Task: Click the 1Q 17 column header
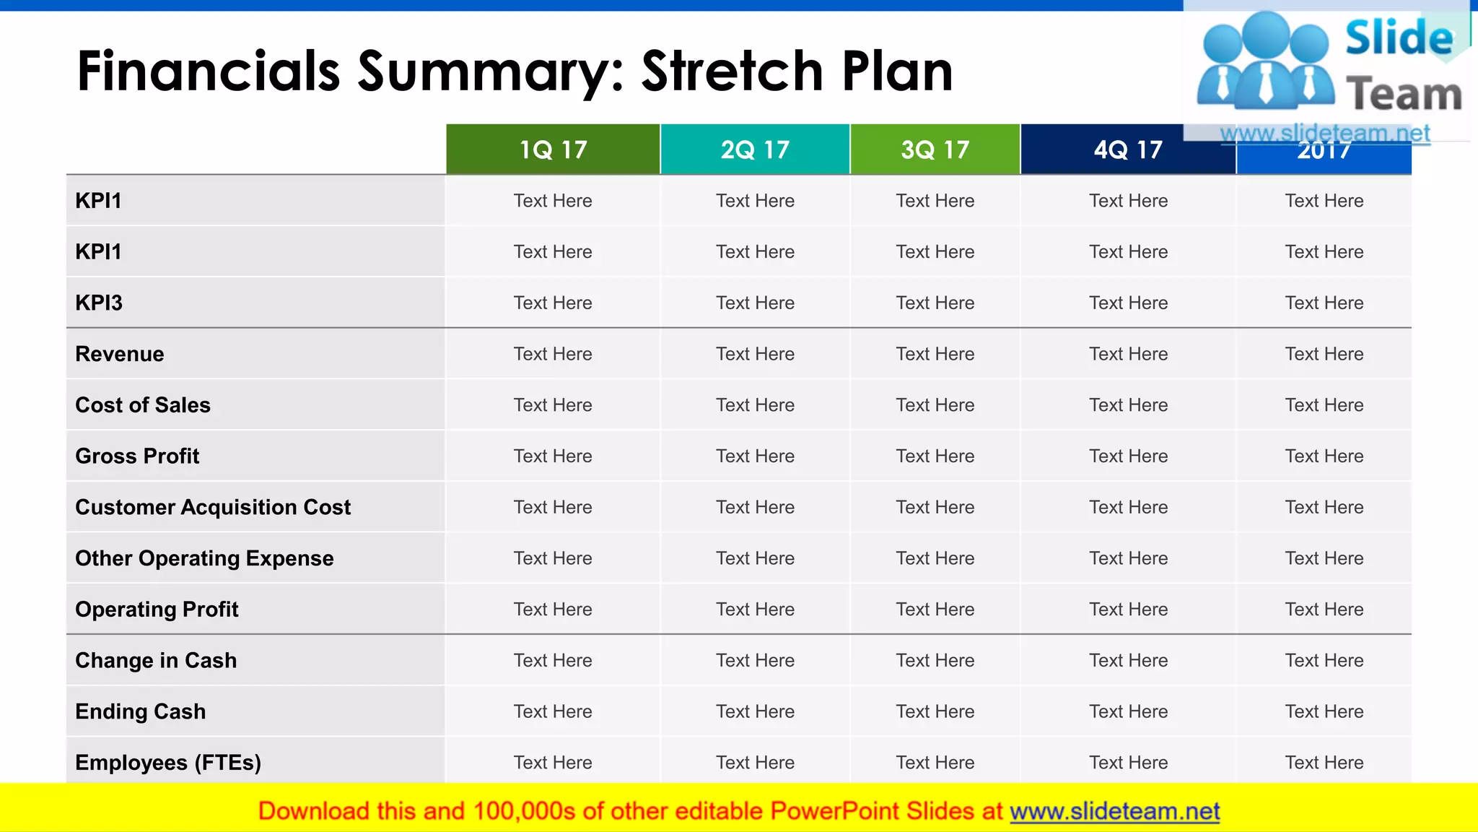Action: (x=553, y=149)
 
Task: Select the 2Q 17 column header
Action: (x=755, y=149)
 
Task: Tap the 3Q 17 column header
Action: (x=935, y=149)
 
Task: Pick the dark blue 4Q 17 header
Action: (x=1128, y=149)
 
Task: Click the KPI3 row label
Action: (x=99, y=303)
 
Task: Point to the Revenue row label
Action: (x=120, y=354)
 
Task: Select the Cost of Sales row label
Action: (x=143, y=405)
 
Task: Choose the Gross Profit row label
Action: (x=137, y=456)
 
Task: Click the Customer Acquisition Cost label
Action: (x=213, y=507)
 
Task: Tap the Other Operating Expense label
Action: (x=204, y=558)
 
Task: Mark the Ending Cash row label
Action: (x=141, y=711)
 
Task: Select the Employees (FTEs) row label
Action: (x=168, y=763)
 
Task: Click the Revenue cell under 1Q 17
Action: (x=553, y=354)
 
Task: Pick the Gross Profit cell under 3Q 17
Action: (x=935, y=456)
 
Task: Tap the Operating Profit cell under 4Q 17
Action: (x=1128, y=610)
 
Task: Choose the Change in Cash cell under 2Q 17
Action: (x=755, y=660)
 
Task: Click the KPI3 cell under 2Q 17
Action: (x=755, y=303)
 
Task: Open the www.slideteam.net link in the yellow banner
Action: (x=1114, y=812)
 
